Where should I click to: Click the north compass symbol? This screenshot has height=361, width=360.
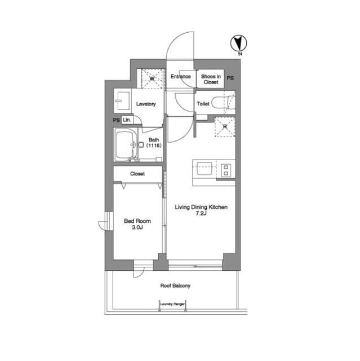[239, 43]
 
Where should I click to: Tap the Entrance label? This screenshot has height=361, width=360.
[181, 77]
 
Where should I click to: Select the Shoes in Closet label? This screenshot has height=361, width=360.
[211, 79]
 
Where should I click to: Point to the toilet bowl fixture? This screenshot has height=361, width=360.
[223, 103]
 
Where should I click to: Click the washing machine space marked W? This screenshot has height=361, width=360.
[152, 78]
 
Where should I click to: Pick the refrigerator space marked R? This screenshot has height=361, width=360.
[225, 127]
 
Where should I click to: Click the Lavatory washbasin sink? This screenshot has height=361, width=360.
[122, 101]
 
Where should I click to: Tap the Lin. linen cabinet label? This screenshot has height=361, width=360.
[127, 120]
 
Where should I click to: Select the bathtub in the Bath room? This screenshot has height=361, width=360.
[125, 144]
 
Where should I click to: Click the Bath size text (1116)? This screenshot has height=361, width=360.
[154, 146]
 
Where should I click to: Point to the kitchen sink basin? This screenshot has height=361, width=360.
[204, 169]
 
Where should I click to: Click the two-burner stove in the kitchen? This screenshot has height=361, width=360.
[226, 170]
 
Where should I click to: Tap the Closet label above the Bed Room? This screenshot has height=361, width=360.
[137, 174]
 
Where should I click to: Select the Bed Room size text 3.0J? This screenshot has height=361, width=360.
[137, 227]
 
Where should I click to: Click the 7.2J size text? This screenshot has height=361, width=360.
[201, 213]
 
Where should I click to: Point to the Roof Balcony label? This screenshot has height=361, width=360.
[175, 286]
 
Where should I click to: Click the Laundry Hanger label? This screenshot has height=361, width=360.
[172, 304]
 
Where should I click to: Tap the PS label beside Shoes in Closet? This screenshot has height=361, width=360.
[230, 78]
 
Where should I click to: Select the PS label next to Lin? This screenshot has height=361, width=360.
[116, 120]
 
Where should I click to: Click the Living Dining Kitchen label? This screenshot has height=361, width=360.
[201, 207]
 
